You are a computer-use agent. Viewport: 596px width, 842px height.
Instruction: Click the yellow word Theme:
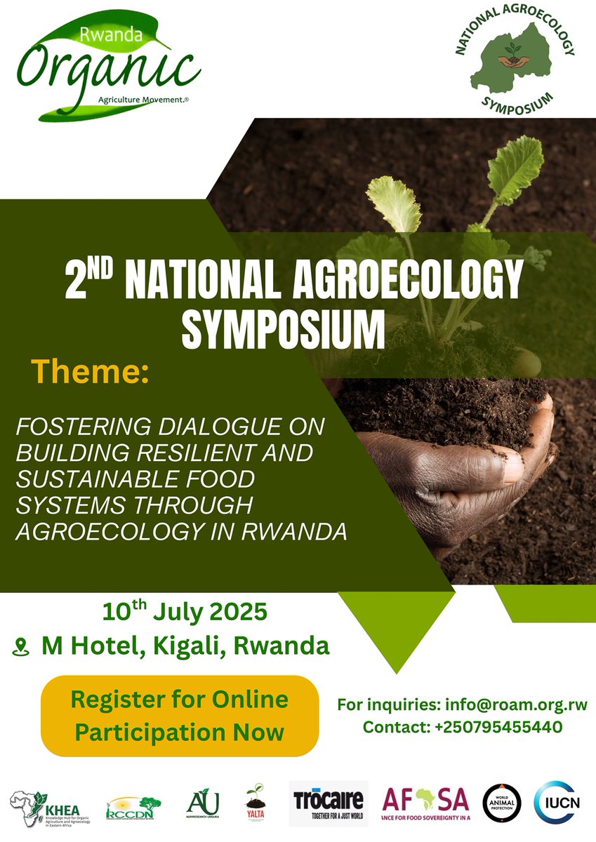tap(90, 372)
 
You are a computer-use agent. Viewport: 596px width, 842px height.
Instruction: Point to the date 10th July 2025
tap(185, 612)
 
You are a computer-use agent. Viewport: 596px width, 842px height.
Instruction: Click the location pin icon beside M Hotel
tap(21, 647)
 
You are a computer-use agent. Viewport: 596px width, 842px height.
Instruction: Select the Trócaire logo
tap(329, 803)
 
